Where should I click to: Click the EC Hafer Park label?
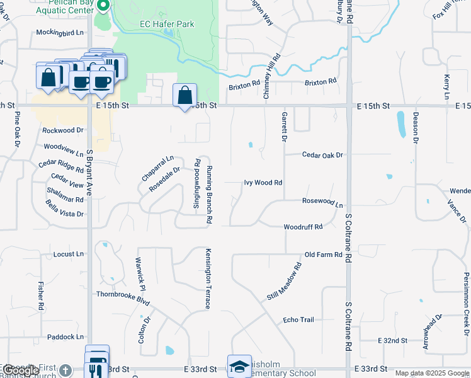(166, 25)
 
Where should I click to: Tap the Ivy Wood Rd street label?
(263, 183)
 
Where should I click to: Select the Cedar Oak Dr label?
(322, 154)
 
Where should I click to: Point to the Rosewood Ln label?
(322, 204)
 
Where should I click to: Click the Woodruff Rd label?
(303, 226)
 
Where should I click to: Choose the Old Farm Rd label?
(323, 255)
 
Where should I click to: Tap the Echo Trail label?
(298, 320)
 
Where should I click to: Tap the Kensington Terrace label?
(207, 278)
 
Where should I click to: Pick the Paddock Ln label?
(65, 337)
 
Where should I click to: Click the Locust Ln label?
(69, 254)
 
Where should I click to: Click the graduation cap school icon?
(239, 367)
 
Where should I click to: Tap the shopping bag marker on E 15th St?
(184, 96)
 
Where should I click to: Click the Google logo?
(20, 370)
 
